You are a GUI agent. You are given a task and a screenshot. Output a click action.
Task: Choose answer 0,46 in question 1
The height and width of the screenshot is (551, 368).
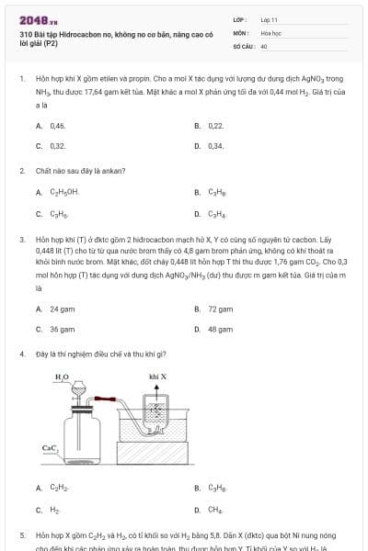57,125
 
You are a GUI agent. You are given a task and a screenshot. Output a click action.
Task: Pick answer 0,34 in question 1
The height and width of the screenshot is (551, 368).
215,145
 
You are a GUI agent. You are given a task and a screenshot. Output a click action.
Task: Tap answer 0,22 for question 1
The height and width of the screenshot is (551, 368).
215,125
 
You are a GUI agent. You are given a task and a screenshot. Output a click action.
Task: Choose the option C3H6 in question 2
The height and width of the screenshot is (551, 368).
58,214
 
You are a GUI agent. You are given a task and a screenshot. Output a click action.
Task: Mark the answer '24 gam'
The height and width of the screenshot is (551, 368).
62,309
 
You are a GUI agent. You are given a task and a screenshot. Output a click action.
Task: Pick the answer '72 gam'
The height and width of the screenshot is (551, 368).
219,309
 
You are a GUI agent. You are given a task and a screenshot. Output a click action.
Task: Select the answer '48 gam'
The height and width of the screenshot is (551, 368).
219,329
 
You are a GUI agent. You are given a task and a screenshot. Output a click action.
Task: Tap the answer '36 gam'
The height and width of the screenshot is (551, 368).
62,329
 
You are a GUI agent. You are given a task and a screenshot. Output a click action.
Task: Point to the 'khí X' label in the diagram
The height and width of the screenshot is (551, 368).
157,377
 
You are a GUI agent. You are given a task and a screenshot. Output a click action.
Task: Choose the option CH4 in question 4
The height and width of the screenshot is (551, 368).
215,509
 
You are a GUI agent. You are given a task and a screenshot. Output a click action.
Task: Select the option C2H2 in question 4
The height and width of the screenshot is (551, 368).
58,488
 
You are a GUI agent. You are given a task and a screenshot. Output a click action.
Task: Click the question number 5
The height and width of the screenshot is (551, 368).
22,534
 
